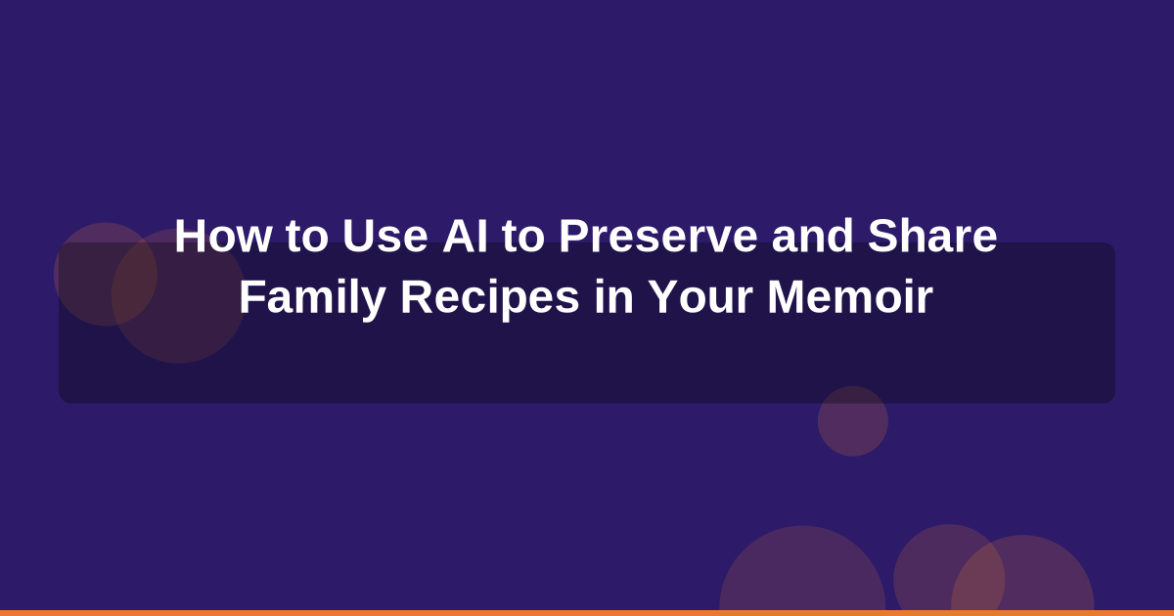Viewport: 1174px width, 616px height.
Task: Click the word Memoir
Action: click(x=850, y=297)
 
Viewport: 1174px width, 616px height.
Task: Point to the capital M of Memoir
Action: click(x=785, y=297)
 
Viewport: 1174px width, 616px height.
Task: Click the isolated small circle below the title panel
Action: click(x=853, y=421)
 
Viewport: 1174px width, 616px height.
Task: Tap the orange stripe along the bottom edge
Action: click(x=587, y=612)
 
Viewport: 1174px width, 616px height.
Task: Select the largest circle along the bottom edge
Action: click(x=802, y=577)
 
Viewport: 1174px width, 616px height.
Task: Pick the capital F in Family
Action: click(x=250, y=297)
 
